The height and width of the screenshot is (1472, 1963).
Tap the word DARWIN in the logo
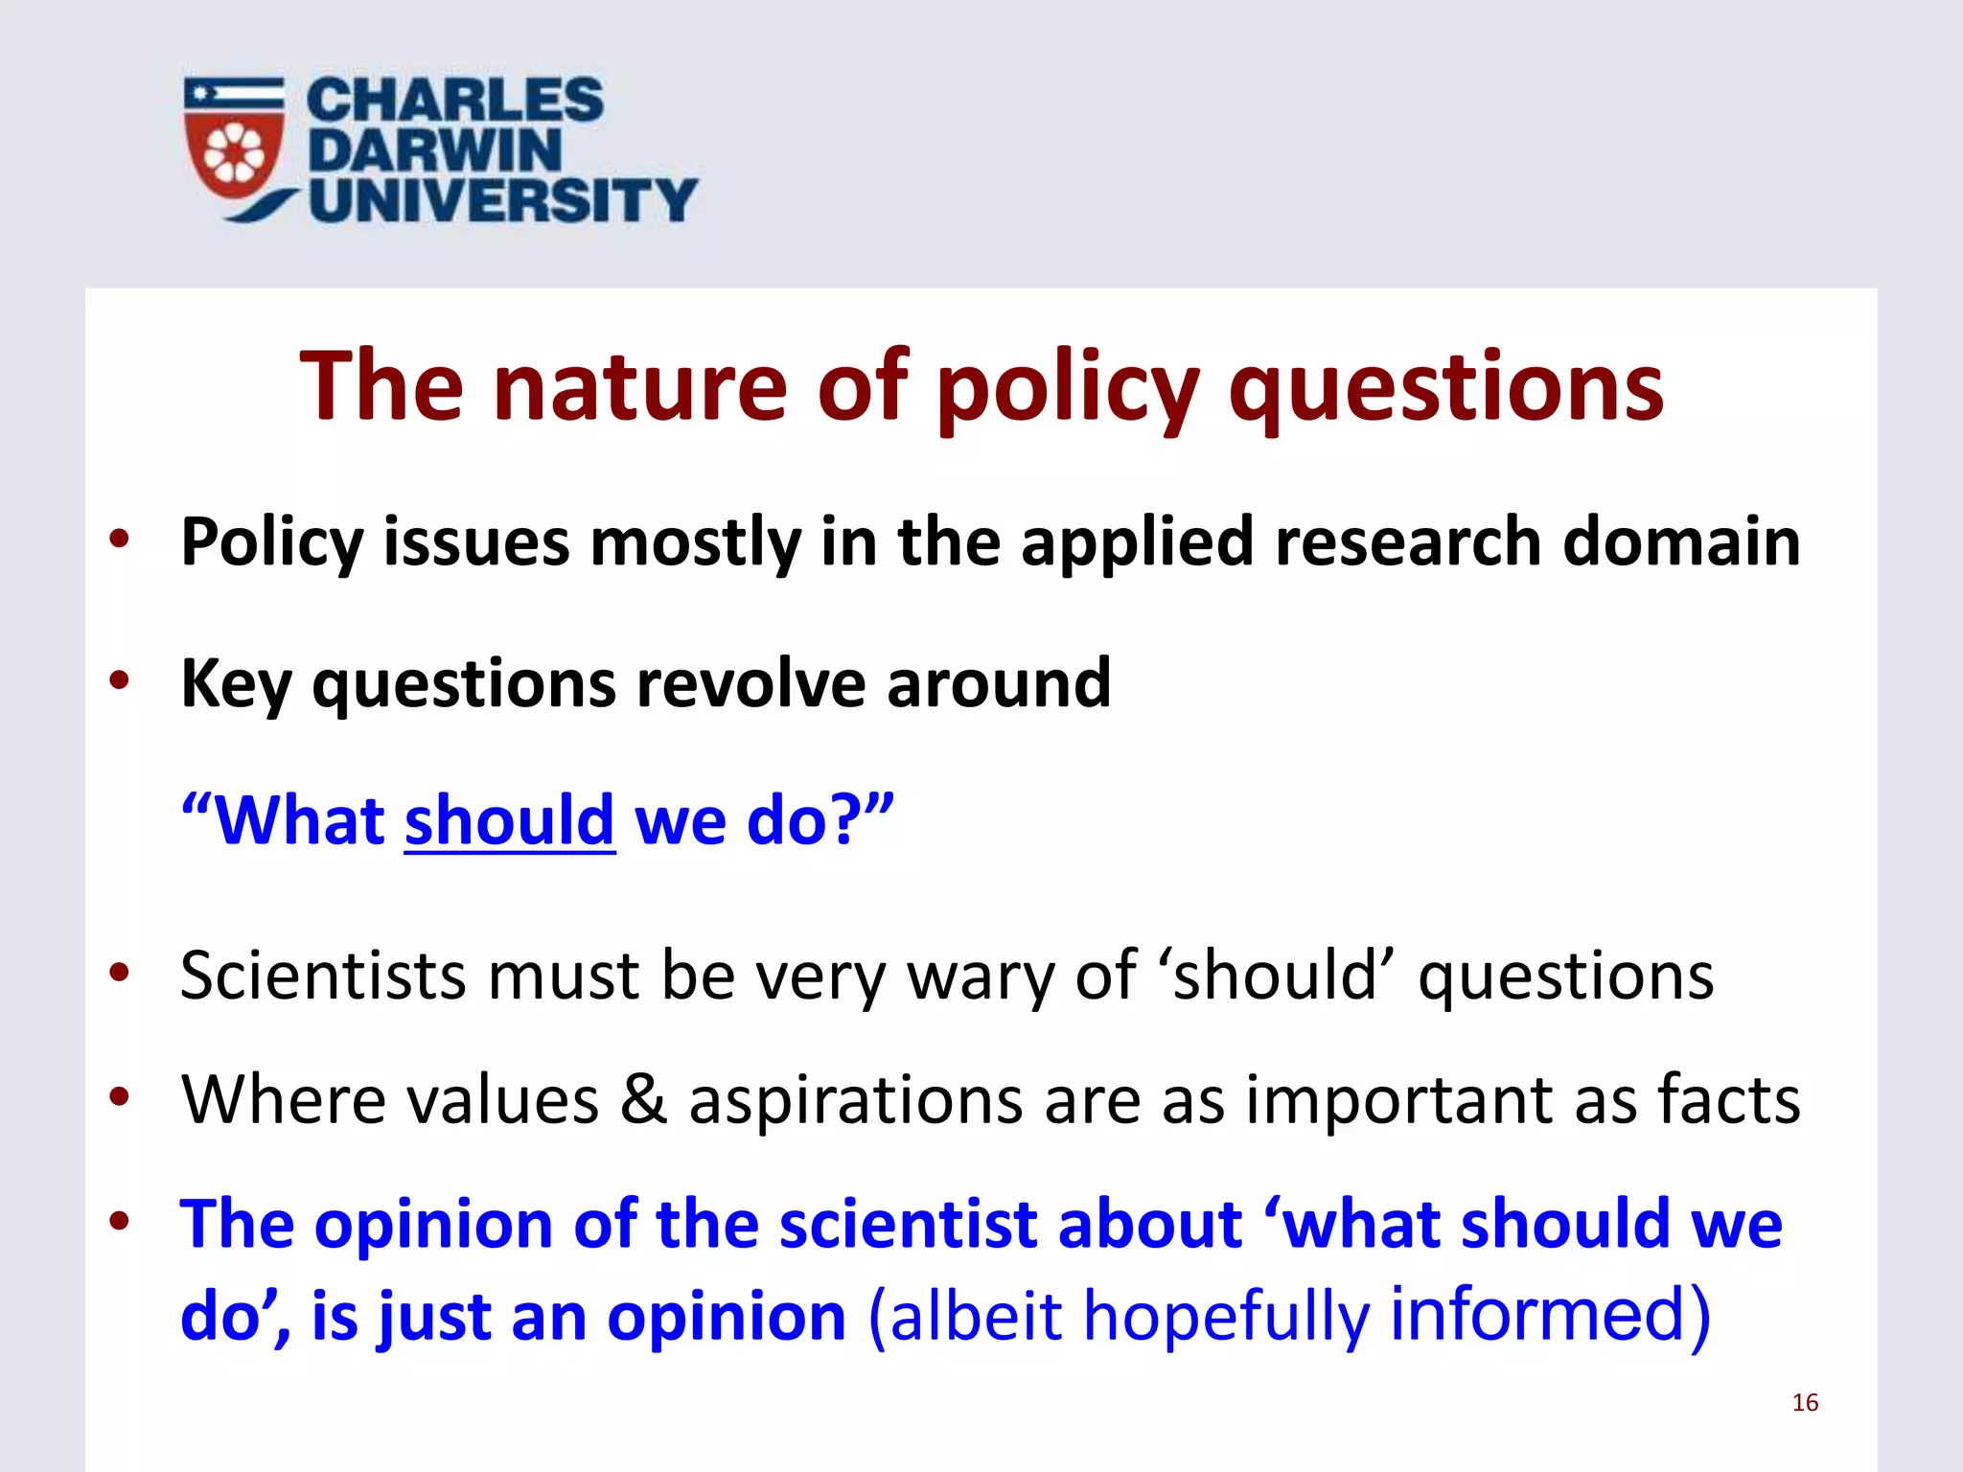(434, 149)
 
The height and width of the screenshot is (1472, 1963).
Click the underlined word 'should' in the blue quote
(509, 821)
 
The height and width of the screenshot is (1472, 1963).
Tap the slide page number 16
(1805, 1403)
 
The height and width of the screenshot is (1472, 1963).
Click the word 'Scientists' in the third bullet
(322, 976)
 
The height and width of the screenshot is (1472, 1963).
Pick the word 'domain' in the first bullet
(1681, 541)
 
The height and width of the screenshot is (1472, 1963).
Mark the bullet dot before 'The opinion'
(119, 1223)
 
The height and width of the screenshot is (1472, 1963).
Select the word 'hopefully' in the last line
(1226, 1317)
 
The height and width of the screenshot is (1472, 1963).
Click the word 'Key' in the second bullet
(236, 684)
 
